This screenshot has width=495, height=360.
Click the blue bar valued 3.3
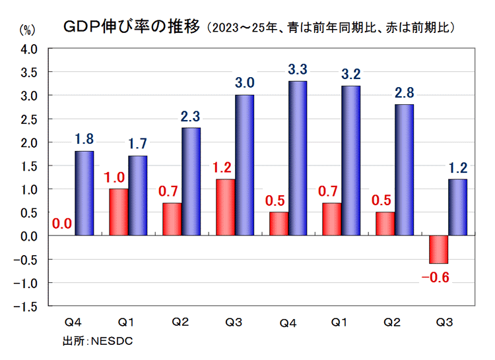coord(297,158)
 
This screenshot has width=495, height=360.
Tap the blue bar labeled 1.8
coord(84,193)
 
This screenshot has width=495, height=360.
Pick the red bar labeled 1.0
coord(119,212)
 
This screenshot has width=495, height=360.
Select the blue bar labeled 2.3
coord(191,181)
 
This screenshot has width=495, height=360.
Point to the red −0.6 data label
coord(436,277)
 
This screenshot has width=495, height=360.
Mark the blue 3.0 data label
coord(244,82)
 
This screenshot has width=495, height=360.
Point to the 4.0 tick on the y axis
coord(30,49)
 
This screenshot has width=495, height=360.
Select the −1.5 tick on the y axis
coord(28,307)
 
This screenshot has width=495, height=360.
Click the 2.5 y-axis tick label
coord(30,119)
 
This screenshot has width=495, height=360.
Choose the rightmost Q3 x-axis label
coord(445,323)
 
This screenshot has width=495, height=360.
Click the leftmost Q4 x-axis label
coord(73,323)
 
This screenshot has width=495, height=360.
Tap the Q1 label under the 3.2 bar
coord(339,323)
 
